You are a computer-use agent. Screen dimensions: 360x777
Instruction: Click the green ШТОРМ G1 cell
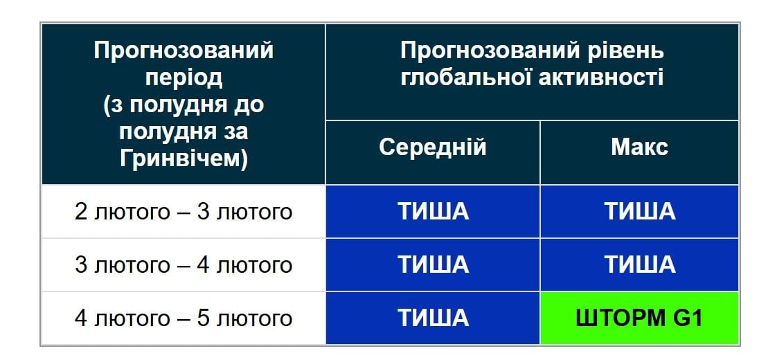coord(639,318)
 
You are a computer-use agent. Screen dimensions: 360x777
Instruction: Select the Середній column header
coord(433,147)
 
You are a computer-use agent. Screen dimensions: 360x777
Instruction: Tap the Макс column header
coord(639,147)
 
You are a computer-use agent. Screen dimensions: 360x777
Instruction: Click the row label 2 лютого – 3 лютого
coord(184,211)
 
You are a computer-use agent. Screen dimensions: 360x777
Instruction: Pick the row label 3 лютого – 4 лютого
coord(184,265)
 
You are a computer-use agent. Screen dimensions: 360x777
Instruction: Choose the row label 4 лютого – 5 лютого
coord(184,318)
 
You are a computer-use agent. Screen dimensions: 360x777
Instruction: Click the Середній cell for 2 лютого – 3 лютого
coord(433,211)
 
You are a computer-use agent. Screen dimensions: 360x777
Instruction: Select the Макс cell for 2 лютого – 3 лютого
coord(639,211)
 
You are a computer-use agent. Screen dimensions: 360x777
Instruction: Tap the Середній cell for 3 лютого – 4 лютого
coord(433,265)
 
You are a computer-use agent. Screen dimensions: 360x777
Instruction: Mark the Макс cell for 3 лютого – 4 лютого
coord(639,265)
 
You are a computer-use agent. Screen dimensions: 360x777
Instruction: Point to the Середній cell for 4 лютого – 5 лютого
coord(433,318)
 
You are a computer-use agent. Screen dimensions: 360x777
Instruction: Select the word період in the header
coord(184,78)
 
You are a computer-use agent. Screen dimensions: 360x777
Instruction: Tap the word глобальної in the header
coord(465,78)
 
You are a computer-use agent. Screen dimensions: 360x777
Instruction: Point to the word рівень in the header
coord(627,51)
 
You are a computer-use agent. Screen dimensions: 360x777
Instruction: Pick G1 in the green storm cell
coord(686,318)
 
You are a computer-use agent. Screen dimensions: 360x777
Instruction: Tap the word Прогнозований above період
coord(184,51)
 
